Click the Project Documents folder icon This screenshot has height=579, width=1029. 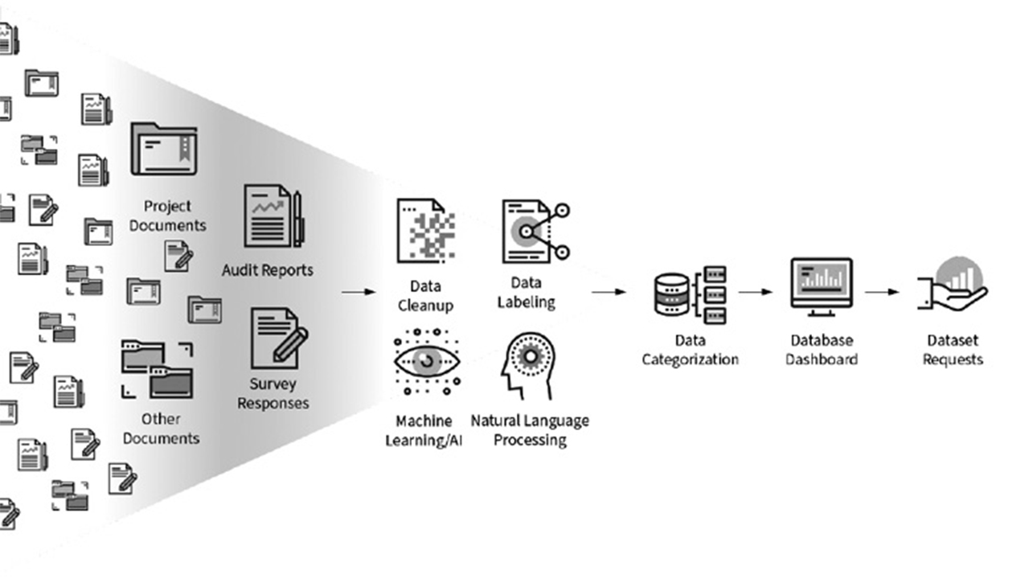pyautogui.click(x=164, y=149)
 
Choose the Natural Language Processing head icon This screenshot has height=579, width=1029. pyautogui.click(x=527, y=366)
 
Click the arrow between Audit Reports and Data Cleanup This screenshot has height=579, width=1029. pyautogui.click(x=359, y=292)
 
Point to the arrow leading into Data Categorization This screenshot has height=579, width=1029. pyautogui.click(x=609, y=292)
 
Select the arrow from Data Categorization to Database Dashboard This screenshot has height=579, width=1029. pyautogui.click(x=755, y=292)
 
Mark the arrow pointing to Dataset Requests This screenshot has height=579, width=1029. pyautogui.click(x=882, y=292)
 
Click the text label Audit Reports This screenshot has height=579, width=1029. pyautogui.click(x=268, y=270)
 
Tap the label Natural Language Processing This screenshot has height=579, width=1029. pyautogui.click(x=530, y=430)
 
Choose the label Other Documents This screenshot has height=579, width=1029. pyautogui.click(x=161, y=429)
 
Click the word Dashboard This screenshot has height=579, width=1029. pyautogui.click(x=821, y=359)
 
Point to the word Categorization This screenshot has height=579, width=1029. pyautogui.click(x=690, y=359)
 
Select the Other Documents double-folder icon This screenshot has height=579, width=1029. pyautogui.click(x=158, y=369)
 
